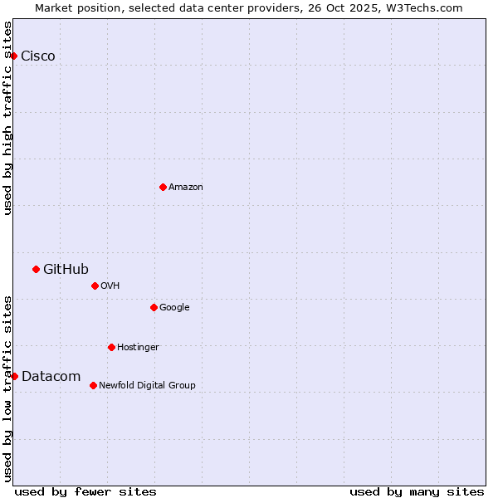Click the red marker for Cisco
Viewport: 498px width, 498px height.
[14, 56]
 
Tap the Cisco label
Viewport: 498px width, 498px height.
[38, 56]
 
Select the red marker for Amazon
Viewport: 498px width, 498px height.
[163, 187]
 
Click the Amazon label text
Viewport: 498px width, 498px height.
[186, 188]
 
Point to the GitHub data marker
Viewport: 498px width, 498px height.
[36, 269]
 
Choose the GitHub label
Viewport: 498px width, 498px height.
[66, 269]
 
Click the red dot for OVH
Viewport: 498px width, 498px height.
[95, 286]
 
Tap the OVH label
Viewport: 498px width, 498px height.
[110, 286]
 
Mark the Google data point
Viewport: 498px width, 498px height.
[154, 307]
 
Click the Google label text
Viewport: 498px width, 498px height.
[174, 308]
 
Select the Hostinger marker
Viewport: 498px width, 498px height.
[111, 347]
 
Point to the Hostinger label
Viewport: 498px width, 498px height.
[138, 348]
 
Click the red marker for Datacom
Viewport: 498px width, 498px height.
[14, 376]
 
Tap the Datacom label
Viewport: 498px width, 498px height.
[51, 377]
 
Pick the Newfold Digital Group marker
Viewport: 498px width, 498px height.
[93, 385]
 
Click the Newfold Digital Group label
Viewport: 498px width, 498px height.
[147, 386]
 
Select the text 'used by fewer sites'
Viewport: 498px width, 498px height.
[85, 491]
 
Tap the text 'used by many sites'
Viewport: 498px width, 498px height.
[417, 491]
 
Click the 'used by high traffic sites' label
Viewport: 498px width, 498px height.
[7, 118]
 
